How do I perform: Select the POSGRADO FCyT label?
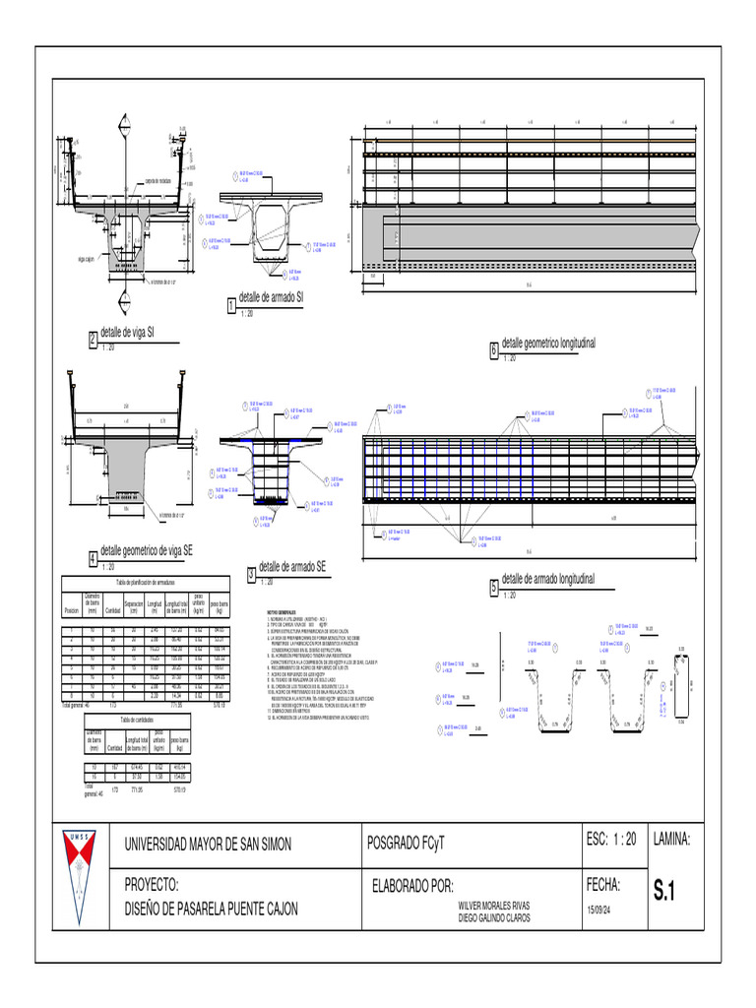point(406,845)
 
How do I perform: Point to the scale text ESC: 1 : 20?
point(611,839)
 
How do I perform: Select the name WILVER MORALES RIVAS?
point(494,906)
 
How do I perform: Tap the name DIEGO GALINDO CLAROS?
point(494,917)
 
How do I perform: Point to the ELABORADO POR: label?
point(412,885)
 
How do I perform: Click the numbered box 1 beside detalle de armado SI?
point(231,307)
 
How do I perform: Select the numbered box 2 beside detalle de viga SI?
point(94,341)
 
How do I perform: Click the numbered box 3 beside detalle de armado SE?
point(251,575)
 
